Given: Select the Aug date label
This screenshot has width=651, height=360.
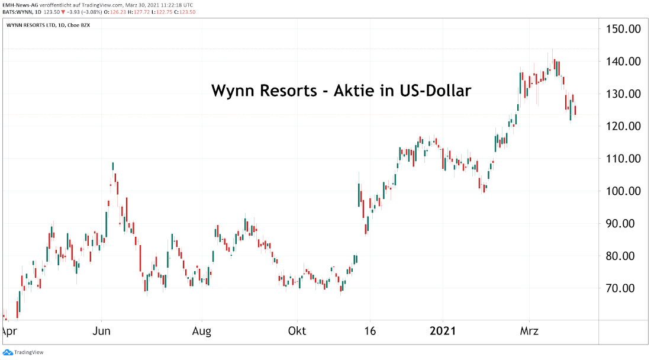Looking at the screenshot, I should tap(202, 330).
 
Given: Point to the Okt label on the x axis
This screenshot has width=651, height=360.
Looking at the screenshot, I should tap(297, 330).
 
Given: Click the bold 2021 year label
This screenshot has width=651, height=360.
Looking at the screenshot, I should tap(443, 330).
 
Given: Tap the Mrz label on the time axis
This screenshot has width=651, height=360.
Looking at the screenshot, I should tap(528, 330).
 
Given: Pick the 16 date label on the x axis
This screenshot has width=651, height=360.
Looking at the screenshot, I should tap(370, 330).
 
